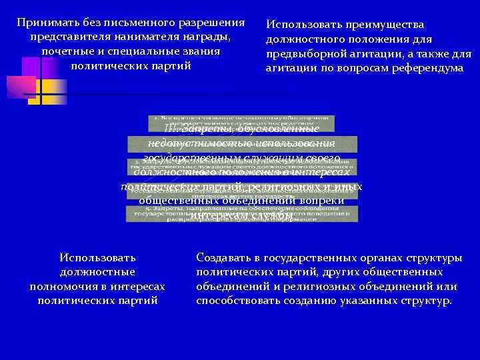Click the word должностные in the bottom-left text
pyautogui.click(x=97, y=271)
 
